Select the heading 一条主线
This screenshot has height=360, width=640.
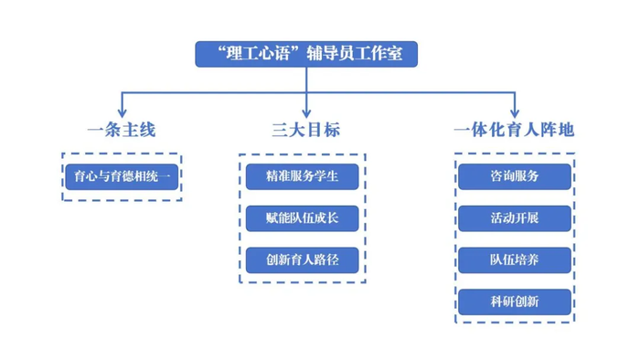coord(122,130)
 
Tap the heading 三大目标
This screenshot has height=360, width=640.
coord(306,130)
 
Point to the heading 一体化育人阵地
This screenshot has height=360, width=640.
coord(514,130)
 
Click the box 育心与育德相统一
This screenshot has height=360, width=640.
coord(122,176)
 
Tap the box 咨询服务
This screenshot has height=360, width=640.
coord(514,176)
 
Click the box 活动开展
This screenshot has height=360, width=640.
coord(514,217)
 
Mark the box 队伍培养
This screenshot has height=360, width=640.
coord(514,259)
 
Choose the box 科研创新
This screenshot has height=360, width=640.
coord(514,302)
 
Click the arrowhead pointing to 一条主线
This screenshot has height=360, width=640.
coord(123,111)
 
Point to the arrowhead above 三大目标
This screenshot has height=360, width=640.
coord(306,111)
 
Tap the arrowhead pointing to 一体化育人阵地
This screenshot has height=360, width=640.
coord(514,111)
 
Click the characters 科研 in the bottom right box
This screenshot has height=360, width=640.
coord(502,302)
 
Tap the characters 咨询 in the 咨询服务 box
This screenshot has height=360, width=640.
coord(502,176)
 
